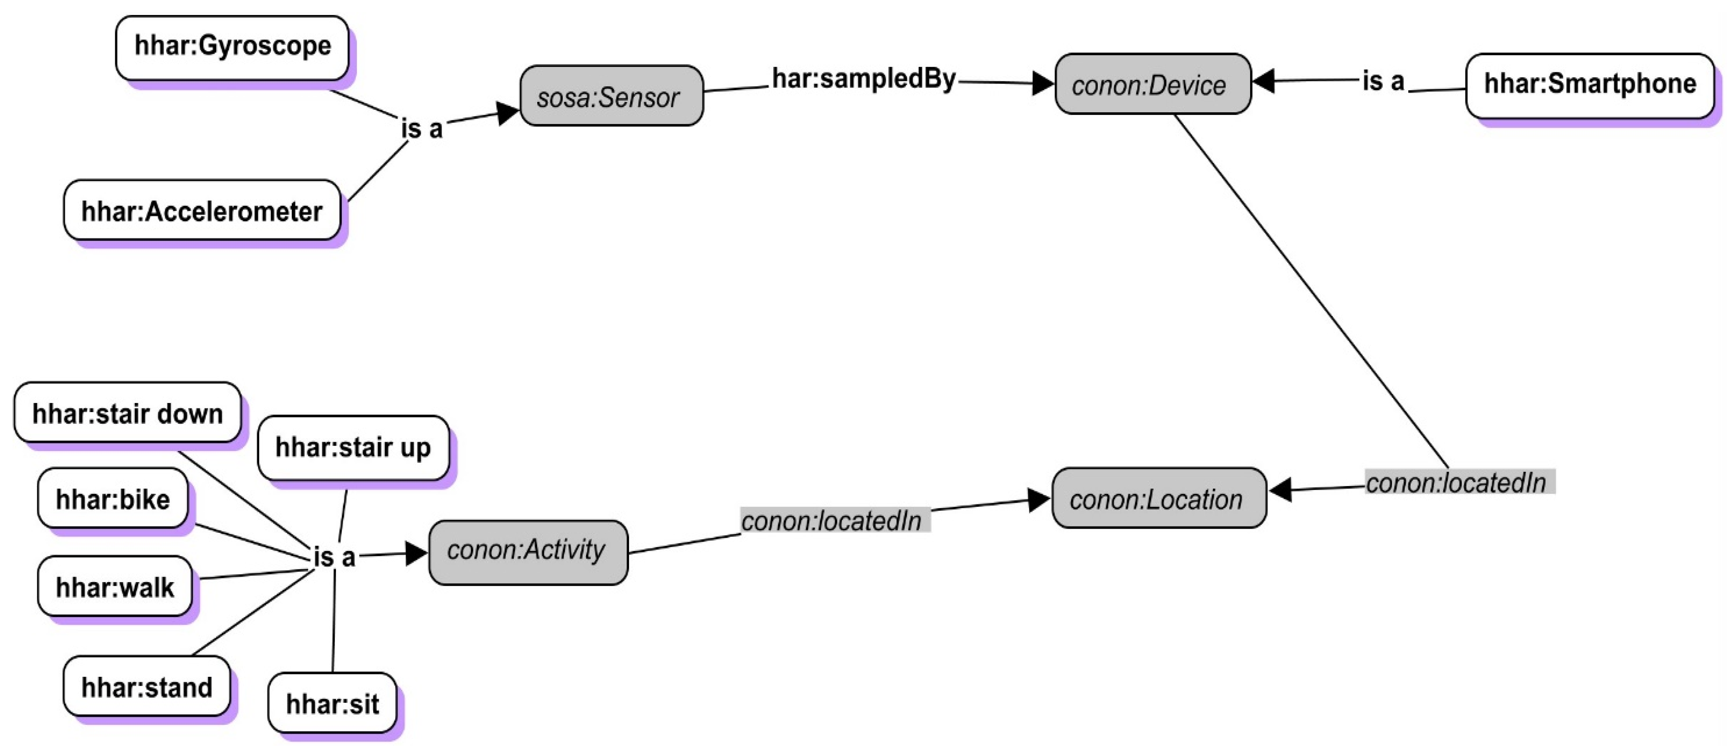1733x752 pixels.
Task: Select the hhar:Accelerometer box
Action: (x=202, y=211)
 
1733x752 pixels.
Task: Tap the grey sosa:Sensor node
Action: (x=611, y=96)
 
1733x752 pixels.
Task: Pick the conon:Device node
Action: (x=1152, y=85)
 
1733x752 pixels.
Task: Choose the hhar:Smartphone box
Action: (x=1589, y=85)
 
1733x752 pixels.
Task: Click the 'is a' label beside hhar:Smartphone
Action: (x=1383, y=81)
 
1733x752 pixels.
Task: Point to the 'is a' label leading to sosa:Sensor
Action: (x=422, y=128)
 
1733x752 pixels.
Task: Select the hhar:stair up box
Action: (x=353, y=448)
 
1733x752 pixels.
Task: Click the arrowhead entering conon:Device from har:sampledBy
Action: (x=1042, y=84)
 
